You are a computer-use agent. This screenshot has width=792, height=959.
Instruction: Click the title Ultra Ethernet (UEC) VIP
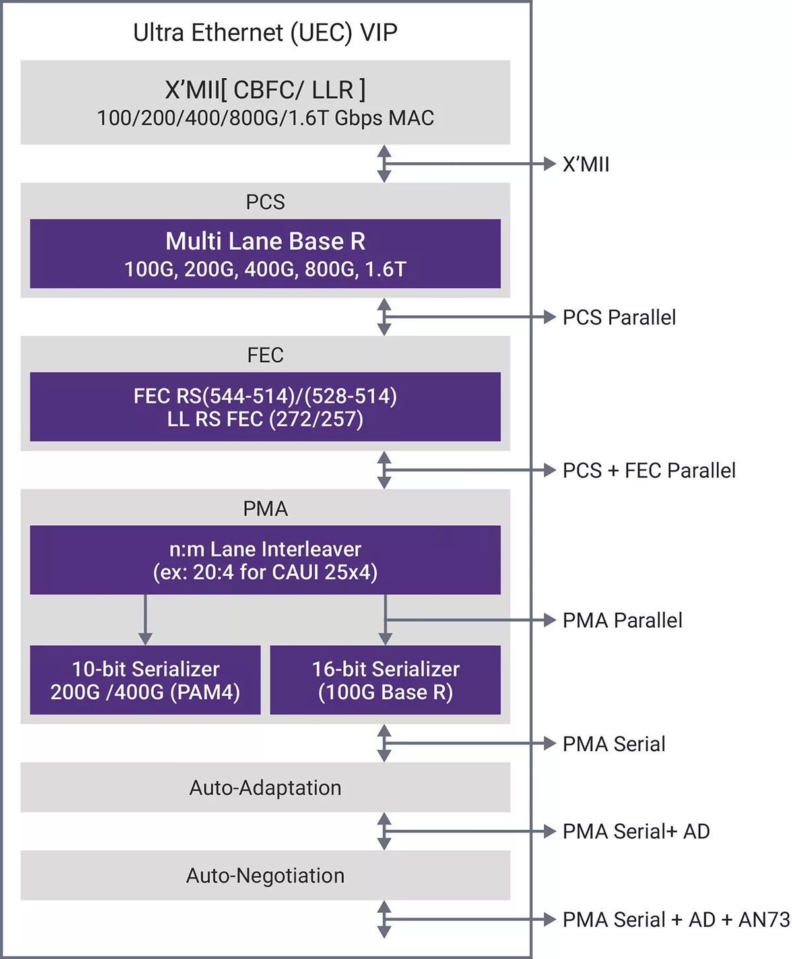(265, 32)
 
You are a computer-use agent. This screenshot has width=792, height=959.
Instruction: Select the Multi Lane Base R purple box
(265, 254)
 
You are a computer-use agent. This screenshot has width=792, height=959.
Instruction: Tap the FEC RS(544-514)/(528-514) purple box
(265, 407)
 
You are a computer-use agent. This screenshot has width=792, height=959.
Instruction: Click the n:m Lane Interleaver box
(265, 560)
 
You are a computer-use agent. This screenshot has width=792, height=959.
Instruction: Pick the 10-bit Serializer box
(145, 680)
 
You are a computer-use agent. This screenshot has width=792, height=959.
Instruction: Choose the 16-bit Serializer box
(385, 680)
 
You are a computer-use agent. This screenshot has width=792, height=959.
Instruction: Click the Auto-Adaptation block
(265, 788)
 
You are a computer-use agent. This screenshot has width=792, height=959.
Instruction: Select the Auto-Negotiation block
(265, 875)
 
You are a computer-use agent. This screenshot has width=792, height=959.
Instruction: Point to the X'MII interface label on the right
(586, 164)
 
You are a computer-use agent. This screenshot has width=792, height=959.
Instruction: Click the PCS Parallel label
(619, 317)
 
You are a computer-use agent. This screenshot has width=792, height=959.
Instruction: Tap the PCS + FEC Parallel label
(649, 470)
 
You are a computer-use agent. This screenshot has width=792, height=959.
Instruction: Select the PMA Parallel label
(622, 620)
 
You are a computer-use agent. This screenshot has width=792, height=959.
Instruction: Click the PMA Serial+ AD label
(636, 831)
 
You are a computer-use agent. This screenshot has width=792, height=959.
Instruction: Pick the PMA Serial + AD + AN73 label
(676, 919)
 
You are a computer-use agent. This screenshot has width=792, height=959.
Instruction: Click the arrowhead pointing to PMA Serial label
(549, 743)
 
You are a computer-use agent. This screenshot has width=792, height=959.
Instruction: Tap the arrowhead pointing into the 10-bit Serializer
(145, 638)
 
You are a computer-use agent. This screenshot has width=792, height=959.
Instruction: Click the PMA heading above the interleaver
(265, 509)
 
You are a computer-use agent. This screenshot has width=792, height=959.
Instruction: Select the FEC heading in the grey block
(265, 355)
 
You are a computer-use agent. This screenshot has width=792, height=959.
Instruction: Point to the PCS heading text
(265, 202)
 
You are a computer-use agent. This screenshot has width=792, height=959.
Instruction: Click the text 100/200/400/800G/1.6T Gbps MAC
(265, 118)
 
